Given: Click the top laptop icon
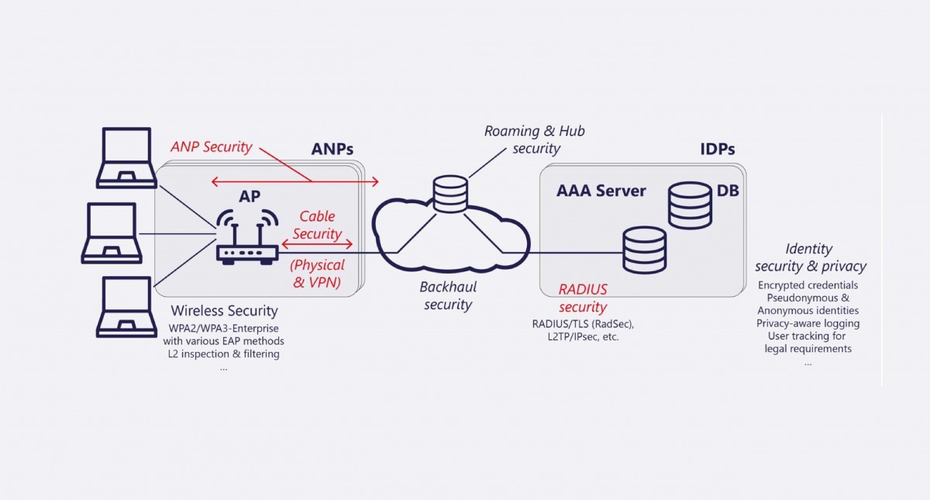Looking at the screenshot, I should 124,158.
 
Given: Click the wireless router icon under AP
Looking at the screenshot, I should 246,236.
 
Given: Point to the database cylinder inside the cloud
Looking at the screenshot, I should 450,194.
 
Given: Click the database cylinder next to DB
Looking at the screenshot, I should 689,205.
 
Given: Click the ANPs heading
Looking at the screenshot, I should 333,149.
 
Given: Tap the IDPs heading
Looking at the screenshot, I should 718,149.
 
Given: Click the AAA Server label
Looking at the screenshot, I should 601,191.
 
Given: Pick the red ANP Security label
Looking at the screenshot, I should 212,147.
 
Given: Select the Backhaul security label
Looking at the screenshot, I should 448,295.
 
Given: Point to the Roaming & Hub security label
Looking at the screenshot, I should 534,140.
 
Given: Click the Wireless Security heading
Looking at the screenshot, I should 223,311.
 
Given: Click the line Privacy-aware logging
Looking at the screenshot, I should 808,323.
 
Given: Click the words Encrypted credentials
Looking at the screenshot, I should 808,285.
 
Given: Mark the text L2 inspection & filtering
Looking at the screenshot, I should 223,354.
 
